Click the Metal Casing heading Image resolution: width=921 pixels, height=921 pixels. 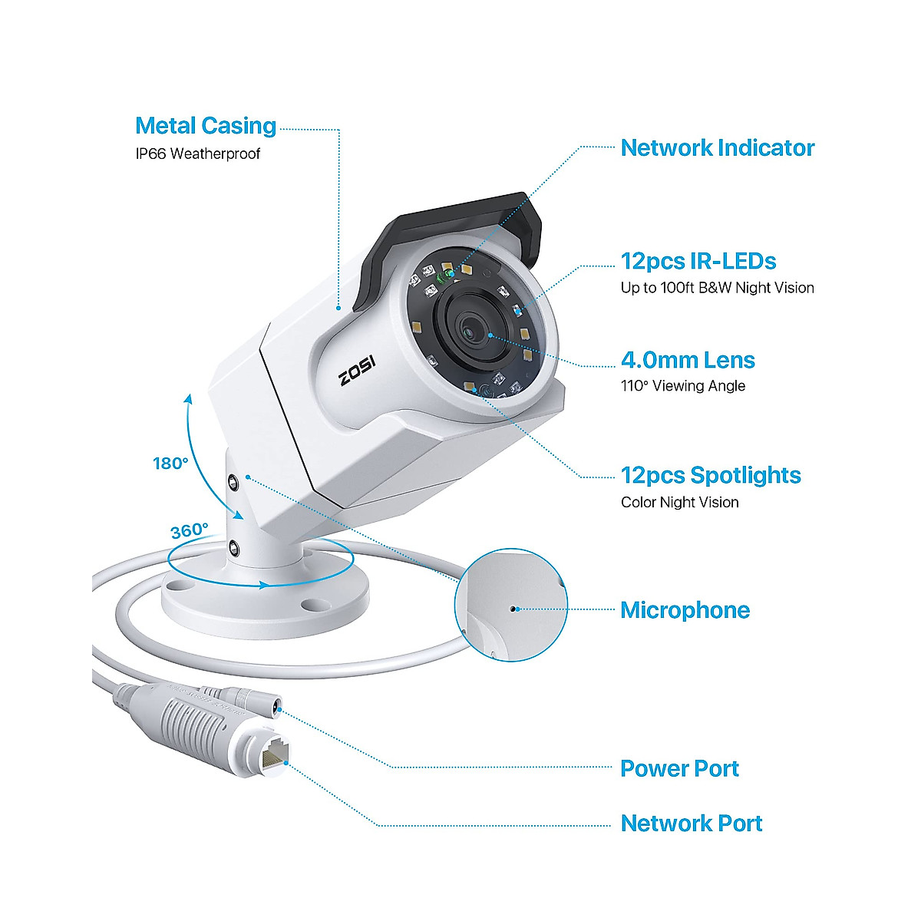[x=205, y=126]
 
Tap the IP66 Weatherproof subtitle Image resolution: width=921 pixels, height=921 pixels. [x=198, y=153]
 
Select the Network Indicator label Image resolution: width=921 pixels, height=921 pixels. [x=717, y=148]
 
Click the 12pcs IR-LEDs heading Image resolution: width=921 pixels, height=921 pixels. [x=698, y=261]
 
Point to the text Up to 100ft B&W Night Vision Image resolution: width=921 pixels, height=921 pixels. [x=717, y=288]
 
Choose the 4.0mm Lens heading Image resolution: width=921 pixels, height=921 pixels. [x=688, y=360]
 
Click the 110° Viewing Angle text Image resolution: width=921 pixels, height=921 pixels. [x=682, y=386]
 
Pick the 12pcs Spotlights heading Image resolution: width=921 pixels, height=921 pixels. [x=711, y=475]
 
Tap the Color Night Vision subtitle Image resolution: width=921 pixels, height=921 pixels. [x=679, y=503]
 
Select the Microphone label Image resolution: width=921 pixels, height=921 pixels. [x=685, y=610]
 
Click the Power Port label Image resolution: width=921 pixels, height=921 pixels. [x=679, y=768]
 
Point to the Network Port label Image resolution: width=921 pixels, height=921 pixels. [x=691, y=824]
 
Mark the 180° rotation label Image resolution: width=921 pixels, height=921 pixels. [x=170, y=464]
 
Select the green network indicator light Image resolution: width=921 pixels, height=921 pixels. [x=444, y=274]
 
